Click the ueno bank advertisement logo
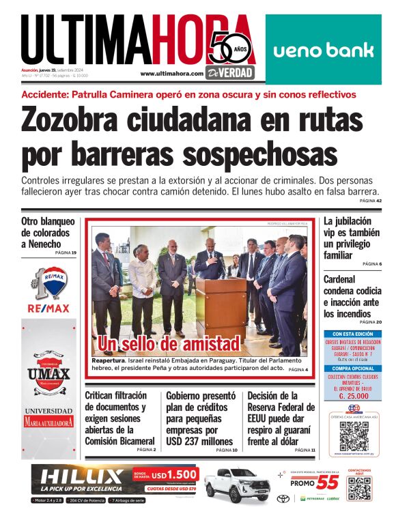[324, 50]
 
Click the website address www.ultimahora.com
[171, 73]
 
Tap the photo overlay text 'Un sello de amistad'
[169, 343]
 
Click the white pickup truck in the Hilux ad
[234, 484]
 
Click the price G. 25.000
[349, 395]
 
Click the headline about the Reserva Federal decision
[281, 418]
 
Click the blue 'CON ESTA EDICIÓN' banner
[349, 333]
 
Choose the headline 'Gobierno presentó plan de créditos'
[200, 418]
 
